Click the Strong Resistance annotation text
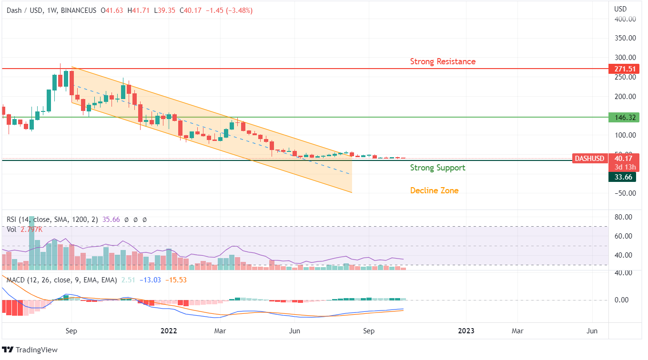coord(443,61)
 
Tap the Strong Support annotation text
coord(437,168)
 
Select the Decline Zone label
coord(434,190)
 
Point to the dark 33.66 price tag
coord(622,177)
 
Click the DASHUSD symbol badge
coord(588,159)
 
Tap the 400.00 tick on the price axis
coord(625,19)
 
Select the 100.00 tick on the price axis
coord(625,135)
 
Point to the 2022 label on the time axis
coord(169,330)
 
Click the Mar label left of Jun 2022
coord(220,330)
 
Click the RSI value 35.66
coord(111,220)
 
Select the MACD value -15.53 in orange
coord(176,280)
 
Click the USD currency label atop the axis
coord(620,9)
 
